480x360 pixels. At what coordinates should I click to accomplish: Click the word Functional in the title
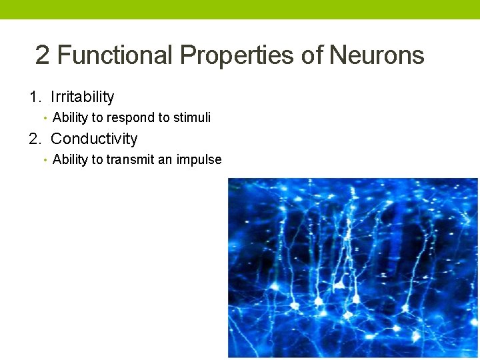click(x=115, y=55)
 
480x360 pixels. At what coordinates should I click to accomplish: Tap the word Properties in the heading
click(x=237, y=55)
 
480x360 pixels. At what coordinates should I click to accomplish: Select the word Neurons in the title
click(x=377, y=55)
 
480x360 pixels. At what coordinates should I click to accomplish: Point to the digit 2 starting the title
click(x=43, y=55)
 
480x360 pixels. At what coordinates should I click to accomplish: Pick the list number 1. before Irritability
click(x=36, y=97)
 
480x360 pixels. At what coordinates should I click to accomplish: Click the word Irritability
click(x=82, y=97)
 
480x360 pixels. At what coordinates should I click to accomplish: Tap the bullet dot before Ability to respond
click(x=44, y=119)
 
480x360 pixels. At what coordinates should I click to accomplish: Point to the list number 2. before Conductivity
click(x=36, y=139)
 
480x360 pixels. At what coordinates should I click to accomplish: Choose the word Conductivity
click(x=94, y=139)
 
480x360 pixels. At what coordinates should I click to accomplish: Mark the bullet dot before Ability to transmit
click(x=44, y=161)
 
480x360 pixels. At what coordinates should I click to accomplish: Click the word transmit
click(x=130, y=160)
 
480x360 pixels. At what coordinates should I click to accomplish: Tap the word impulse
click(x=199, y=160)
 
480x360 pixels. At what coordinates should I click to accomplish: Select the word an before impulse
click(x=166, y=160)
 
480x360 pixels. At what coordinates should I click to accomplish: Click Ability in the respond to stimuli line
click(x=69, y=118)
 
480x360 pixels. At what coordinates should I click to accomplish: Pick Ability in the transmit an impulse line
click(x=69, y=160)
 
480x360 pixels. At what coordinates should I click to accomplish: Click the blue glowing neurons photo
click(x=353, y=267)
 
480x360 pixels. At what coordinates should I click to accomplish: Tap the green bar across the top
click(x=240, y=9)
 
